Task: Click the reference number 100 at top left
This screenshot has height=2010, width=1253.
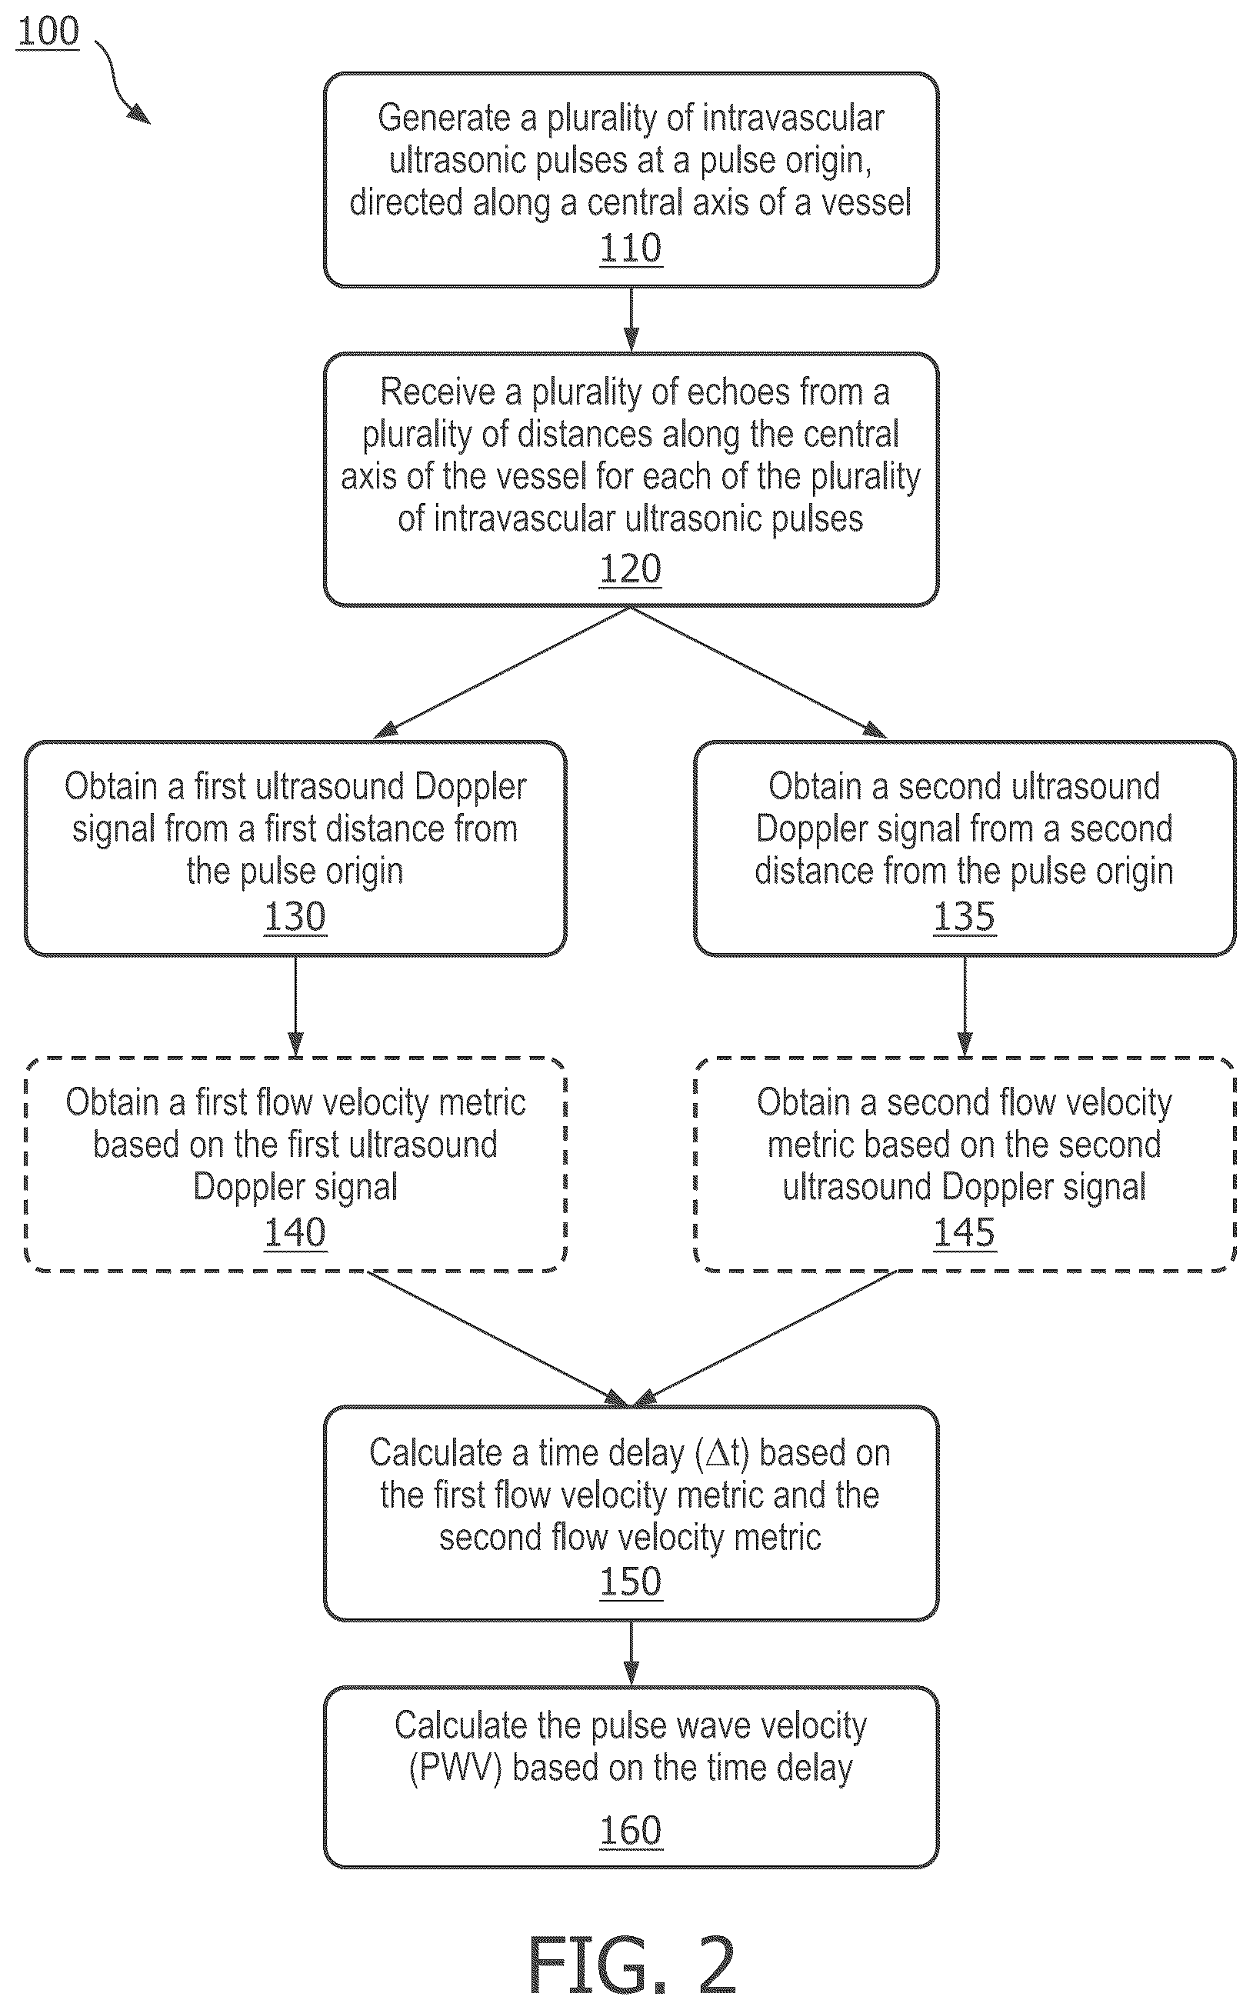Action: click(48, 32)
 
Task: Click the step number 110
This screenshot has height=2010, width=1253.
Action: click(631, 248)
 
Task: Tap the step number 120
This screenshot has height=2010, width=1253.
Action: click(631, 568)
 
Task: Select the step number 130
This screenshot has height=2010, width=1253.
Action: click(295, 916)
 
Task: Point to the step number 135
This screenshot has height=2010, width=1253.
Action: click(965, 916)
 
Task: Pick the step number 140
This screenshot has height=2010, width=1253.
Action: click(295, 1232)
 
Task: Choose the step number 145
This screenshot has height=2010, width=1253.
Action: click(965, 1232)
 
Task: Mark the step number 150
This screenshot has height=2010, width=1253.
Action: click(631, 1582)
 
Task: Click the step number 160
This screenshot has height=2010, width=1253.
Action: click(631, 1830)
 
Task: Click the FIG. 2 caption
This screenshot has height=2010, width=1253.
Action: click(631, 1965)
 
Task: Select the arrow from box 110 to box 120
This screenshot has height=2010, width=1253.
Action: click(631, 320)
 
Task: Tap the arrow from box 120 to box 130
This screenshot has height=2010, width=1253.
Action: click(502, 673)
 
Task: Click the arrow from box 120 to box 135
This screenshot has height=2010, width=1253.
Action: click(759, 673)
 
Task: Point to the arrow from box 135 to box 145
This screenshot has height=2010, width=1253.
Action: click(965, 1007)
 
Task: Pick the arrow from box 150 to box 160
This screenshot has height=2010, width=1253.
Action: click(631, 1653)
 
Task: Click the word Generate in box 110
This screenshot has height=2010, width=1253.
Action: click(443, 119)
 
